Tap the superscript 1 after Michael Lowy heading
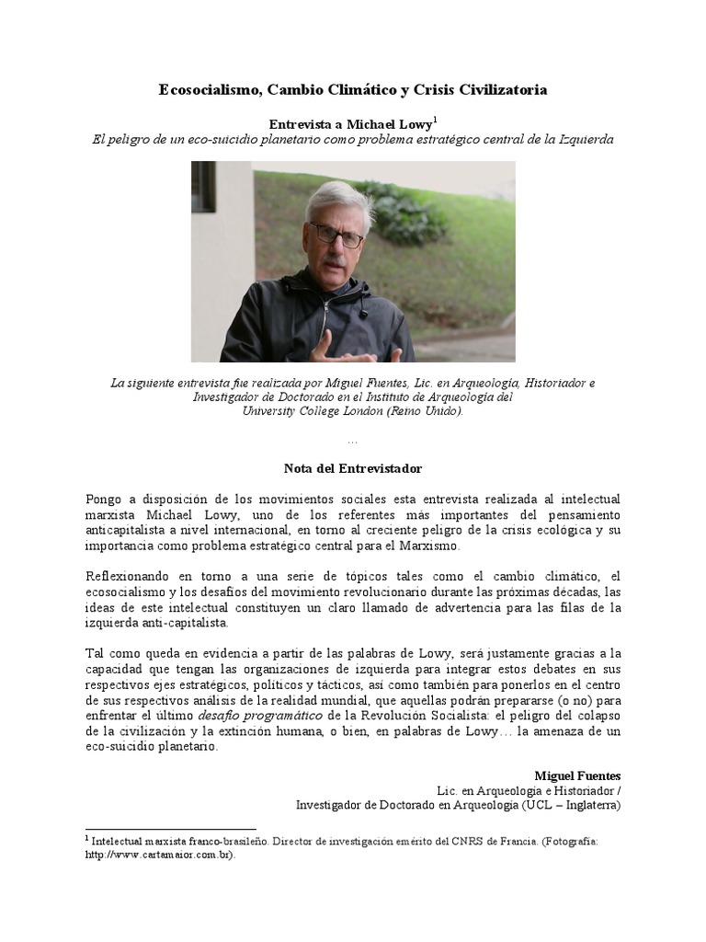[x=435, y=120]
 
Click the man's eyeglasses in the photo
[x=336, y=235]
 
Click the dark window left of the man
[x=203, y=187]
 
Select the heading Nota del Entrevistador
[x=352, y=468]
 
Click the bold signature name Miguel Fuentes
[x=577, y=775]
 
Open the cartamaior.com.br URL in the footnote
[x=159, y=855]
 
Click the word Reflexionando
[x=129, y=575]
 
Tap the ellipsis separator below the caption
[x=353, y=442]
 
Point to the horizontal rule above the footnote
[x=170, y=829]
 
